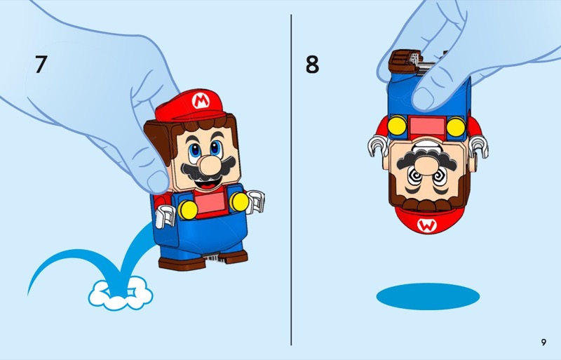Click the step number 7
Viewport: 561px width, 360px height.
click(41, 64)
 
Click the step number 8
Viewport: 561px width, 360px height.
click(312, 64)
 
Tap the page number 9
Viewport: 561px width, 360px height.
click(543, 342)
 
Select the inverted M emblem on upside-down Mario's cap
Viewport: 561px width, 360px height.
click(426, 225)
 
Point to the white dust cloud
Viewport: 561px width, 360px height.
click(121, 294)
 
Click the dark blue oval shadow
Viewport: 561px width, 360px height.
click(428, 297)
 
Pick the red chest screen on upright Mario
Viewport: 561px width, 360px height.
click(210, 203)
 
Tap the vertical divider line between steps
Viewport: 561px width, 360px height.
click(291, 180)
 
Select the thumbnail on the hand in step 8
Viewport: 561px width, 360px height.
click(423, 98)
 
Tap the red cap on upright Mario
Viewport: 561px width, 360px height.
click(190, 106)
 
